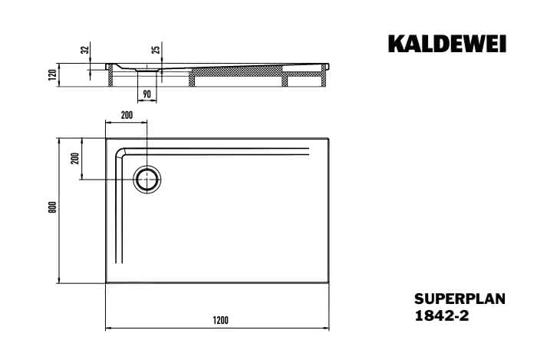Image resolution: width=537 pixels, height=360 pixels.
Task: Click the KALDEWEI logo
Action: (447, 44)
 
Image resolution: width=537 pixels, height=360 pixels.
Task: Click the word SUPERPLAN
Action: (460, 299)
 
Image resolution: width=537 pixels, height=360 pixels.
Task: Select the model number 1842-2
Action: (441, 315)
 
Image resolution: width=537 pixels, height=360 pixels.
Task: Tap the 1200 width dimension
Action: (220, 321)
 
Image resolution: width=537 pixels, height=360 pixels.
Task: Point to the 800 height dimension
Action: (52, 207)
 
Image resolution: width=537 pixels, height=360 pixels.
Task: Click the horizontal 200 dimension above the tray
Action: (127, 115)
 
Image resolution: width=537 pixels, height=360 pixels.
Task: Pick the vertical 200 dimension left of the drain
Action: (75, 158)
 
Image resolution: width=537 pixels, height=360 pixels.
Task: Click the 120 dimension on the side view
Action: (52, 74)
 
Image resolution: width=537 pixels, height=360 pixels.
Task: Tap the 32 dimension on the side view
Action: (84, 50)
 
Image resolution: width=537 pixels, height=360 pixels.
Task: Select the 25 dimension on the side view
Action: (156, 50)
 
